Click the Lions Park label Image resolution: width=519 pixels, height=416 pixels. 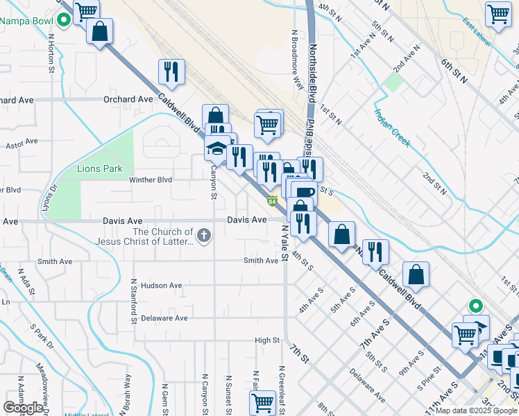pyautogui.click(x=100, y=168)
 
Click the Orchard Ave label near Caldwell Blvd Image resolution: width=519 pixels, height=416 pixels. pyautogui.click(x=128, y=99)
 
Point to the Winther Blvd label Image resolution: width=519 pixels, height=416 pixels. pyautogui.click(x=151, y=180)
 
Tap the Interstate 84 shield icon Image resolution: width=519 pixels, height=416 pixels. pyautogui.click(x=273, y=201)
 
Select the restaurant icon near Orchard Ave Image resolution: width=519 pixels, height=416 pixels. pyautogui.click(x=171, y=71)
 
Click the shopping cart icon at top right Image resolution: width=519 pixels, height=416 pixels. pyautogui.click(x=498, y=14)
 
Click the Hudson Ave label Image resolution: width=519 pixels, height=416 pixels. pyautogui.click(x=161, y=285)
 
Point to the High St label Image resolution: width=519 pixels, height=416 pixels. pyautogui.click(x=267, y=340)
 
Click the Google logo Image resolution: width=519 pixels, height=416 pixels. pyautogui.click(x=23, y=408)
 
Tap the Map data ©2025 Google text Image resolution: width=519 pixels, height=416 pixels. pyautogui.click(x=477, y=410)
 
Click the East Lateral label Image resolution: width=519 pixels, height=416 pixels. pyautogui.click(x=478, y=33)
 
